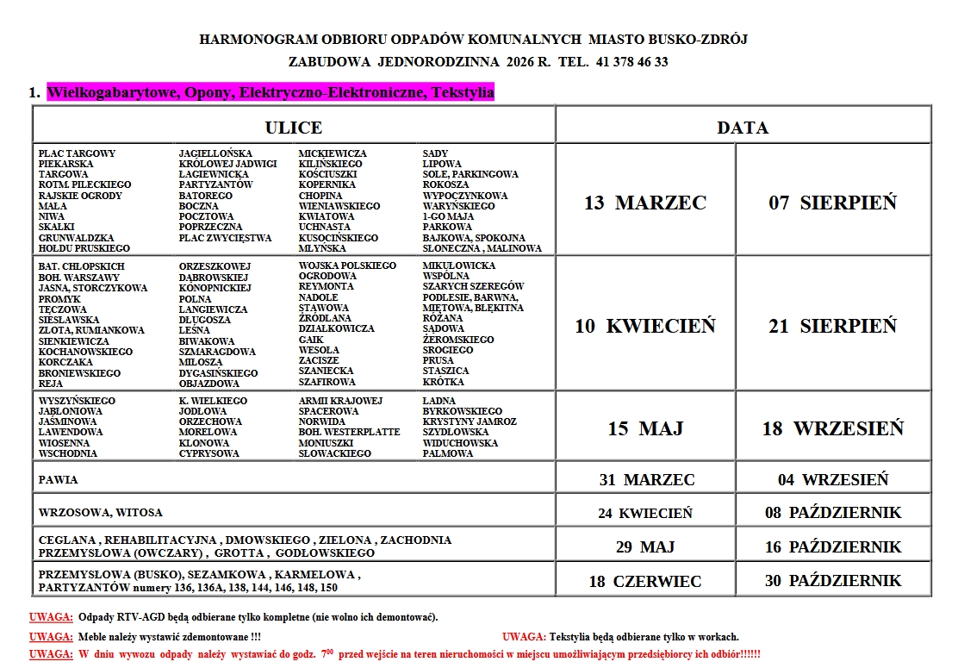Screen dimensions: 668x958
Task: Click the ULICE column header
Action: pos(294,128)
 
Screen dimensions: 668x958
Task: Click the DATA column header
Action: pos(743,128)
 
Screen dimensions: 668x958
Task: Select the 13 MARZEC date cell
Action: pos(645,203)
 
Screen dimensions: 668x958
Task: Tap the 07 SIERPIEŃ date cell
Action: pos(833,203)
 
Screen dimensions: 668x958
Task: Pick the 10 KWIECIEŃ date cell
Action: pos(645,326)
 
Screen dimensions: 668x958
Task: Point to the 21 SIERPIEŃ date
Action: pos(833,326)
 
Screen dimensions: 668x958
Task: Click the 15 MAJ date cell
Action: pos(645,428)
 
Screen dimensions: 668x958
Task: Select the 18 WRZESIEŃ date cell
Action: pos(833,428)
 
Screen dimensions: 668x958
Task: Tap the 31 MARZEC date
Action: pos(646,480)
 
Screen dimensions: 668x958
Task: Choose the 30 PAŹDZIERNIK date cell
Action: pos(833,581)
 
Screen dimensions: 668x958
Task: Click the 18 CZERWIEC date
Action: pos(645,582)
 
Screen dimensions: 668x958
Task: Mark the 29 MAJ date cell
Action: pos(645,547)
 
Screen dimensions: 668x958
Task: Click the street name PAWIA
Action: pos(53,479)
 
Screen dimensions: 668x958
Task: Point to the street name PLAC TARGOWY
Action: pos(77,153)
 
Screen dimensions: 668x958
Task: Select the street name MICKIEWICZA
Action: pos(333,153)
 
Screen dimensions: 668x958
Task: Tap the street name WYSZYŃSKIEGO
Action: pos(77,401)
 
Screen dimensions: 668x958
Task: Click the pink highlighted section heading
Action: pos(271,92)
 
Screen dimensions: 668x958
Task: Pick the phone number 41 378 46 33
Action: pos(631,62)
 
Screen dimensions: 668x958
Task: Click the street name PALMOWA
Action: pos(448,453)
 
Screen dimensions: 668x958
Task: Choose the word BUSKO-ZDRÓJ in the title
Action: pos(704,40)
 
